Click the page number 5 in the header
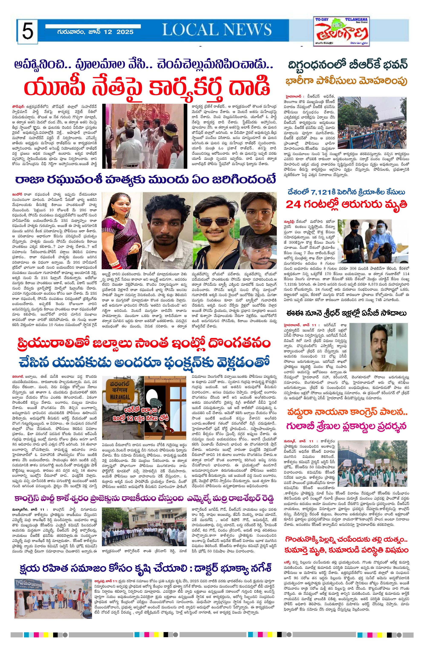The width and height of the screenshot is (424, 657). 28,32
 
